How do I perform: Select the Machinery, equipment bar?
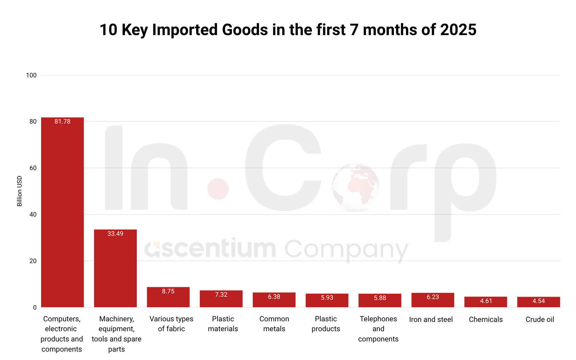click(115, 268)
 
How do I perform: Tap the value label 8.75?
click(168, 291)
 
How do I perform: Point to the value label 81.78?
click(62, 121)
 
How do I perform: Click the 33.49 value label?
click(115, 234)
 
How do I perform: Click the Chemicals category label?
click(486, 319)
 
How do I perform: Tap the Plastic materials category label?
click(223, 324)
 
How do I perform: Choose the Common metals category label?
click(274, 324)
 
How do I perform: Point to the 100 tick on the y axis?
click(31, 75)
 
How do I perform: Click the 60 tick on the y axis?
click(33, 168)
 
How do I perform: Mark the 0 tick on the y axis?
click(35, 307)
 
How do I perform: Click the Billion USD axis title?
click(19, 191)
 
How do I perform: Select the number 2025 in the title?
click(458, 30)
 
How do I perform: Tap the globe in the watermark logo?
click(355, 187)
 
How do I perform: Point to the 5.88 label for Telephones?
click(380, 298)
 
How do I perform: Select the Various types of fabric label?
click(171, 324)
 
